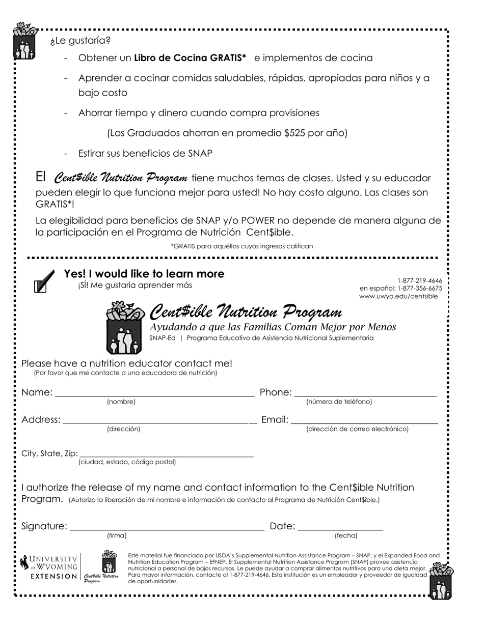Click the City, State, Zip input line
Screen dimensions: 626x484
coord(166,455)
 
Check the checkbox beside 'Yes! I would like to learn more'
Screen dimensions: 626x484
coord(40,287)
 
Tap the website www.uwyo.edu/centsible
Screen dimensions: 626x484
coord(398,296)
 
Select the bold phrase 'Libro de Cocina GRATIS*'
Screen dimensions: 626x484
coord(190,58)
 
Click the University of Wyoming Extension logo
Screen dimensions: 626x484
coord(49,568)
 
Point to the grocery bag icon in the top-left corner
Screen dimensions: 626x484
coord(24,41)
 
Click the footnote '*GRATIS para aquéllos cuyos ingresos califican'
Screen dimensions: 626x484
coord(241,246)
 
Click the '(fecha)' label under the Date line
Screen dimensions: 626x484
coord(346,536)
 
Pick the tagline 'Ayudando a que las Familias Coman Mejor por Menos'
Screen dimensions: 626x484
coord(273,327)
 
